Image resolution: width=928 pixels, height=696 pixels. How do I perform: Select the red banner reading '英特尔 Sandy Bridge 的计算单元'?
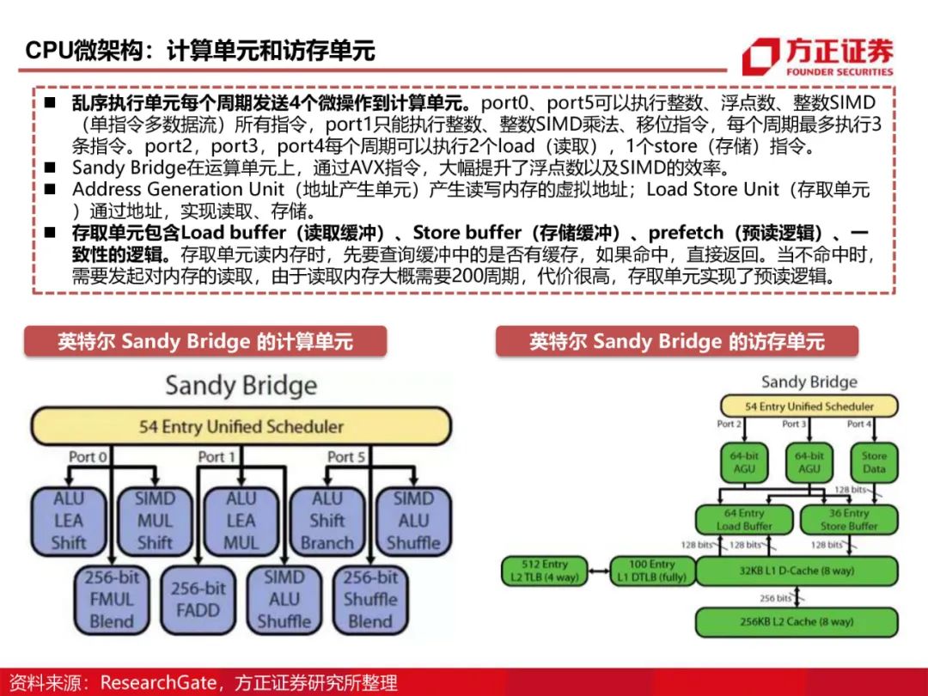pyautogui.click(x=205, y=341)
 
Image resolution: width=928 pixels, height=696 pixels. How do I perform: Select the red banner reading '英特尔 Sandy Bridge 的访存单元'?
pyautogui.click(x=676, y=341)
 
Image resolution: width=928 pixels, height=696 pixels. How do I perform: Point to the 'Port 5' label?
pyautogui.click(x=346, y=456)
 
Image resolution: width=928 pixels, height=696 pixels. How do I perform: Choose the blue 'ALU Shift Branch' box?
pyautogui.click(x=327, y=520)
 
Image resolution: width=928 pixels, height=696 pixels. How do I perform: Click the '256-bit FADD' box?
pyautogui.click(x=198, y=600)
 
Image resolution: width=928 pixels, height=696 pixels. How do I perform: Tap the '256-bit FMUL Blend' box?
pyautogui.click(x=112, y=600)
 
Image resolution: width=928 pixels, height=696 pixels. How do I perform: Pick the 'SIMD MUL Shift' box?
pyautogui.click(x=155, y=520)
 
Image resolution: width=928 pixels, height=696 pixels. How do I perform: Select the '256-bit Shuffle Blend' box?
pyautogui.click(x=370, y=600)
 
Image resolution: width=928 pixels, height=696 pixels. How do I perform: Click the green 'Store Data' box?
pyautogui.click(x=874, y=462)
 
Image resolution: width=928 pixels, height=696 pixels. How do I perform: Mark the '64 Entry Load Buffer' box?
pyautogui.click(x=743, y=519)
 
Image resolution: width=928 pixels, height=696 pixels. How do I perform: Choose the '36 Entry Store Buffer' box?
pyautogui.click(x=848, y=519)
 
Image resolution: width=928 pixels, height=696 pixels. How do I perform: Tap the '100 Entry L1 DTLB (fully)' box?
pyautogui.click(x=651, y=571)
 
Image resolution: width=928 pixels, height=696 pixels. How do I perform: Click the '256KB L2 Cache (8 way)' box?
pyautogui.click(x=795, y=620)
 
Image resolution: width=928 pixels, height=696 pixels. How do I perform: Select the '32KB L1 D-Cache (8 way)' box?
pyautogui.click(x=795, y=571)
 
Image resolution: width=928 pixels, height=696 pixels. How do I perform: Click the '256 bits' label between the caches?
pyautogui.click(x=775, y=597)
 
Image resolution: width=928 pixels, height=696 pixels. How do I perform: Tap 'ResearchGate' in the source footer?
pyautogui.click(x=158, y=682)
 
